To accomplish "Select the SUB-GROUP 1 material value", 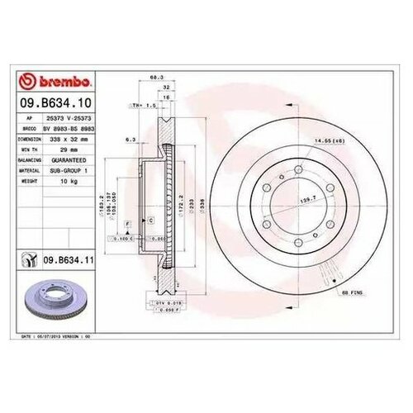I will [x=68, y=170].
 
